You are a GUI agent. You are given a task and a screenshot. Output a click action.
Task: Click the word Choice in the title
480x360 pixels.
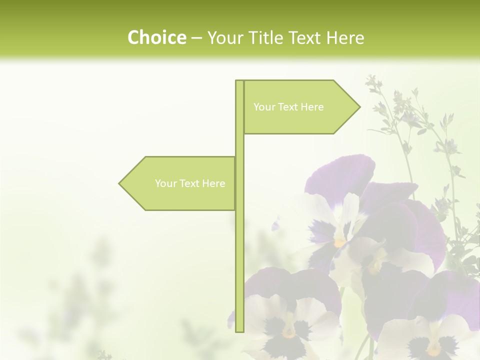(x=156, y=37)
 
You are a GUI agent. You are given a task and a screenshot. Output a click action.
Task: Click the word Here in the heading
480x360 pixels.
(x=345, y=37)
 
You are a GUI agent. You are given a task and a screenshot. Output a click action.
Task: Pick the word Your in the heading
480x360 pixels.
(x=225, y=37)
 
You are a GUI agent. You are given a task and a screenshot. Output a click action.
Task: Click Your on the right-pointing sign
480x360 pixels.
(x=263, y=107)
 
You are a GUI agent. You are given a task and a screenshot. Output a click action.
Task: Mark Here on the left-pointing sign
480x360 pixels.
(x=213, y=183)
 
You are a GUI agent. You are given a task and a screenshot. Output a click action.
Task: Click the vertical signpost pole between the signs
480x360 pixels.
(x=239, y=145)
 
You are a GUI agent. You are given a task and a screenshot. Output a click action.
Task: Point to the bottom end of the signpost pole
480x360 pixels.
(x=239, y=330)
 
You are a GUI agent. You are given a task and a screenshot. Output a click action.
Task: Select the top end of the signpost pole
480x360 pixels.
(x=239, y=81)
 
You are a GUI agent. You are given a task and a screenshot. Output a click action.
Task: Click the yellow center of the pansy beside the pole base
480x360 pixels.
(x=288, y=331)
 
